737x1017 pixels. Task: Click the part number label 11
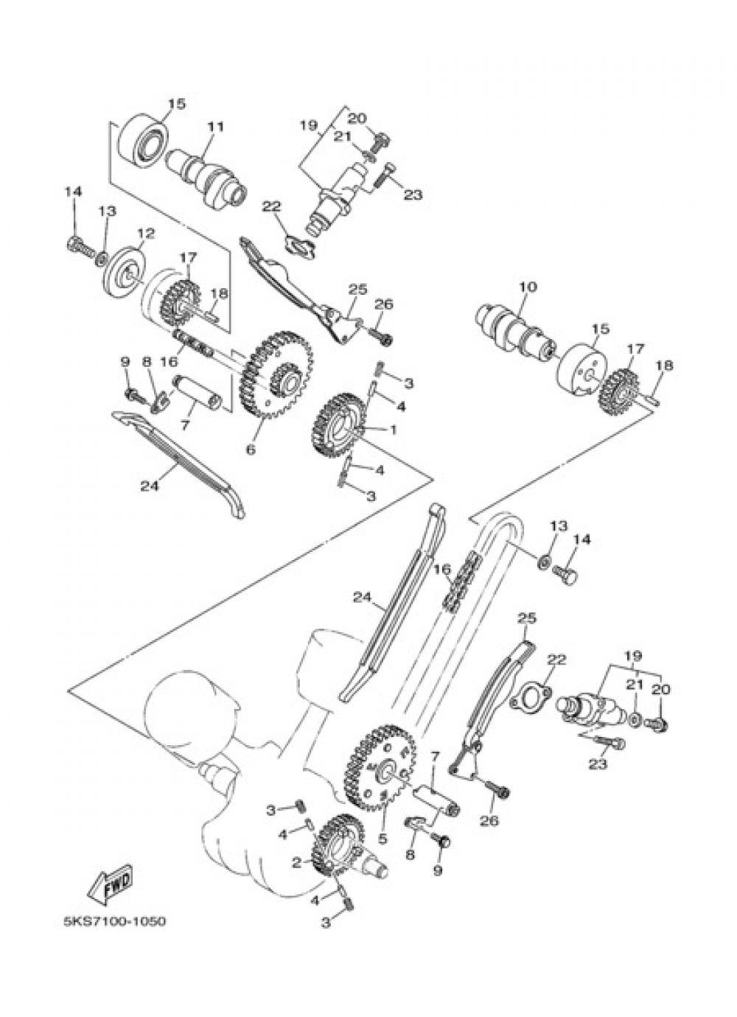click(216, 127)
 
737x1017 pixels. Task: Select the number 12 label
click(146, 234)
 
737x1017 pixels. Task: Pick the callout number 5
click(383, 801)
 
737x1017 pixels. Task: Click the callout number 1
click(393, 429)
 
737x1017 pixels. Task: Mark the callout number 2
click(296, 836)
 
